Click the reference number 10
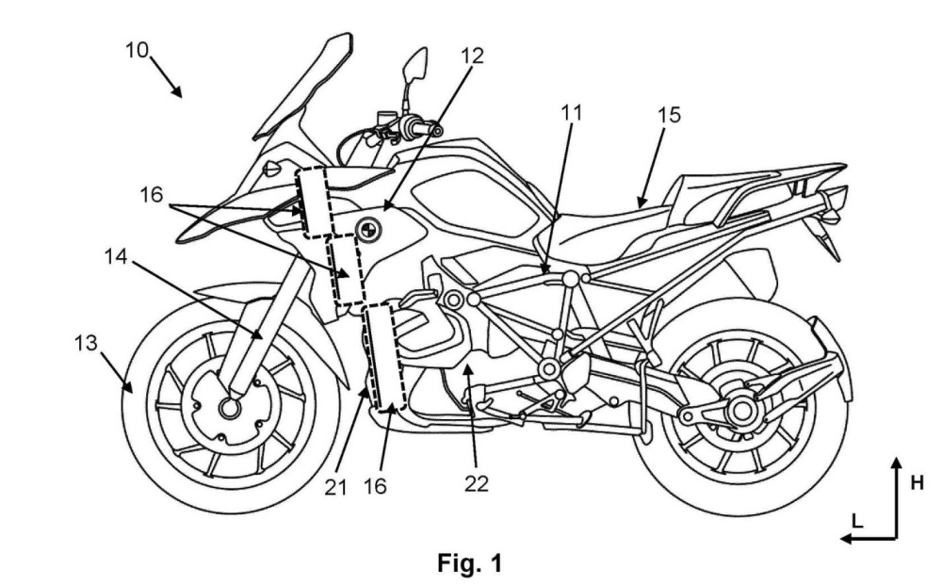(x=137, y=50)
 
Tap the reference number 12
(x=472, y=56)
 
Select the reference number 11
(x=572, y=113)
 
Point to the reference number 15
(x=669, y=115)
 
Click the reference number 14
(x=116, y=257)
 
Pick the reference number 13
(x=86, y=343)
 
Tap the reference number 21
(x=336, y=487)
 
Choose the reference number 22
(x=477, y=483)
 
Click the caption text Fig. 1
(x=470, y=563)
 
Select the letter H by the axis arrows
(x=918, y=482)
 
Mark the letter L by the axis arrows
(x=858, y=521)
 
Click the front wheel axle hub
(x=230, y=409)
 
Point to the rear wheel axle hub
(x=742, y=411)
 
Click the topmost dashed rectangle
(x=314, y=203)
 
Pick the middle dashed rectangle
(x=346, y=269)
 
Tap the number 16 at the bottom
(x=375, y=486)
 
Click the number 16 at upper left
(x=152, y=195)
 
